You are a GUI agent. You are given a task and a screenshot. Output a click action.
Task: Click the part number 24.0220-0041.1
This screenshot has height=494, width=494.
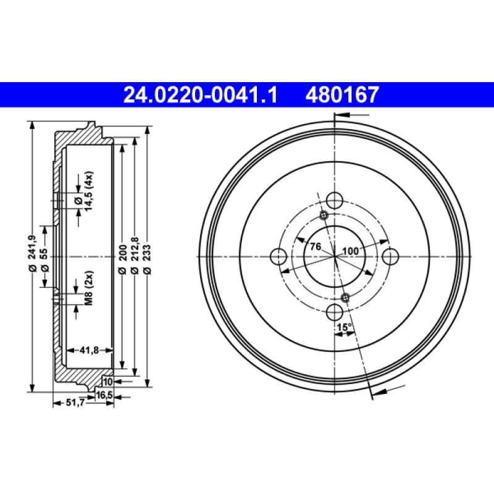(201, 94)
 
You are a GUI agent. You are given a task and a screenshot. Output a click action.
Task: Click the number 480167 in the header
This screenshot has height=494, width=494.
(340, 94)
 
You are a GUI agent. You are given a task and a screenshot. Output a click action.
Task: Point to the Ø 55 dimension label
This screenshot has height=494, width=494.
(44, 256)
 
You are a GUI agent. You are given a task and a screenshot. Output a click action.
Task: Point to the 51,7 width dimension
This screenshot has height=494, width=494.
(75, 403)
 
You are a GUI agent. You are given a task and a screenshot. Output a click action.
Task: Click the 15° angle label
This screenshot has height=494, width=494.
(344, 326)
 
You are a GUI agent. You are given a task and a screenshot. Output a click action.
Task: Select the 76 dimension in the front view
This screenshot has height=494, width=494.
(315, 247)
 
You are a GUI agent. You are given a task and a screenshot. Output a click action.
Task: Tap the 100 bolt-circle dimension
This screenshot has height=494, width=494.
(351, 251)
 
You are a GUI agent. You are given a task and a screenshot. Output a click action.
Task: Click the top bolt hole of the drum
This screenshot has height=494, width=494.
(335, 200)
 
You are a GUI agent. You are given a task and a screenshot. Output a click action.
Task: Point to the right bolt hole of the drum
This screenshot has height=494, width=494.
(390, 256)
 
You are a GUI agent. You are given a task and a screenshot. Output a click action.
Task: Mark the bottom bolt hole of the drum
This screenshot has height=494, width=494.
(335, 311)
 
